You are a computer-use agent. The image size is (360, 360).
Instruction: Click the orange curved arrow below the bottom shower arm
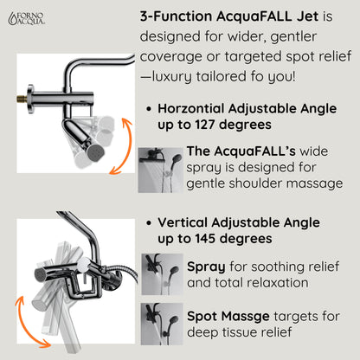(31, 319)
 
